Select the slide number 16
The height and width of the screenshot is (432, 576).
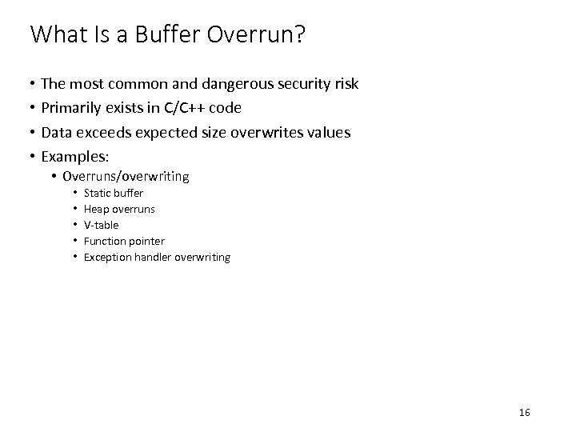pos(525,413)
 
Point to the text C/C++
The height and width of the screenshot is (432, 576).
pos(184,109)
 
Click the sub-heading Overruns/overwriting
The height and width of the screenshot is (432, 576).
pos(126,176)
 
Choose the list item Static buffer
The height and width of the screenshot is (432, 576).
pos(114,193)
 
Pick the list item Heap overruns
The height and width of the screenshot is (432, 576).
pos(119,209)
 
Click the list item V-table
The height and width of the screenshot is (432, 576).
pos(101,225)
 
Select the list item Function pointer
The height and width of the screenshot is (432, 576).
pos(124,241)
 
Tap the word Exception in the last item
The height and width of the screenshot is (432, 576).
pos(109,257)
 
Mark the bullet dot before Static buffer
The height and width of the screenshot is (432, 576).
pos(73,193)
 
